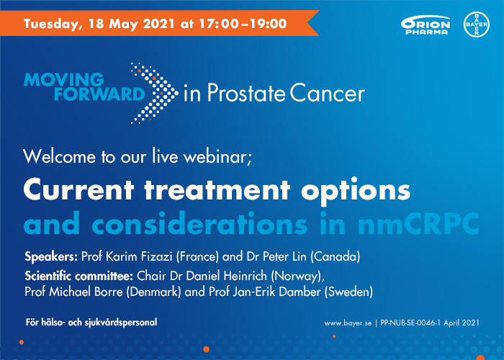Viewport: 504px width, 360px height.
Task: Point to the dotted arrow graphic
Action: [x=153, y=91]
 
